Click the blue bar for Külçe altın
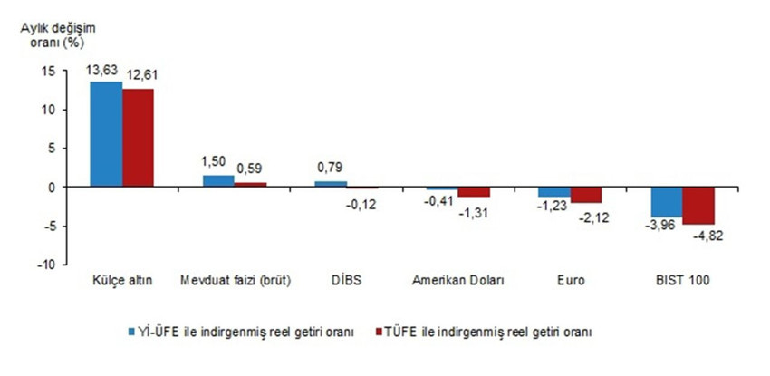click(x=106, y=134)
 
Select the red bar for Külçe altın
click(x=139, y=138)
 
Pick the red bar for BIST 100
click(x=698, y=206)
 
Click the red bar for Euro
click(x=586, y=195)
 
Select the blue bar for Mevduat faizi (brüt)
click(x=218, y=181)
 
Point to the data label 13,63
click(x=104, y=69)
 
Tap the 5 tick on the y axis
click(x=53, y=149)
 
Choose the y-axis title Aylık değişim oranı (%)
click(x=55, y=34)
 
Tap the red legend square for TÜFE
click(x=379, y=332)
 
